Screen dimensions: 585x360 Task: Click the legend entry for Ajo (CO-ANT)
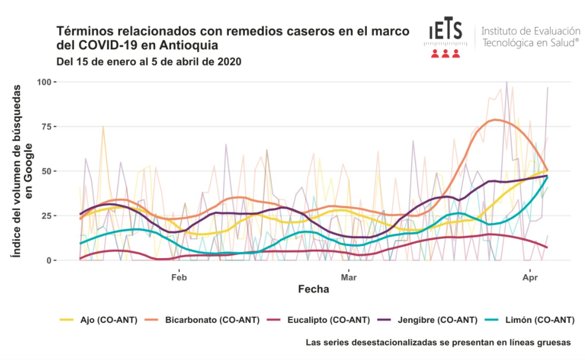coord(99,320)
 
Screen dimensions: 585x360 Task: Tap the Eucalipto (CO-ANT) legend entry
coord(319,320)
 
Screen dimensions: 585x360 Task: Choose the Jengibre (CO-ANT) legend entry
coord(428,320)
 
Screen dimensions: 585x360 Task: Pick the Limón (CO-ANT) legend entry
coord(530,320)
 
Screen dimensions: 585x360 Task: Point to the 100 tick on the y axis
coord(44,82)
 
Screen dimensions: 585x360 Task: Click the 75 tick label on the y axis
coord(47,126)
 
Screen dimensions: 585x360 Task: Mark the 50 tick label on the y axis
coord(47,171)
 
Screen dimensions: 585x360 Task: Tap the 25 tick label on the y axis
coord(47,215)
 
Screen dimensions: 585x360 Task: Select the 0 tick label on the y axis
coord(49,260)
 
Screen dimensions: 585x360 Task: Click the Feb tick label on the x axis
coord(179,277)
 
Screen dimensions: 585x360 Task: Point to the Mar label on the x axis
coord(349,277)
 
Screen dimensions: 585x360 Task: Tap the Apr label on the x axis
coord(530,277)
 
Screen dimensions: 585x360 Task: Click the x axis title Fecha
coord(314,289)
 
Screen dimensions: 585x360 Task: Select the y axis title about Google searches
coord(22,171)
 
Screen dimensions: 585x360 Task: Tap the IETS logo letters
coord(445,29)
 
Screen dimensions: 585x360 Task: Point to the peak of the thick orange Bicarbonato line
coord(495,120)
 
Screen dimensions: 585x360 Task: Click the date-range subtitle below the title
coord(149,61)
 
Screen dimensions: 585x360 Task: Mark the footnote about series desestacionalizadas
coord(438,342)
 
